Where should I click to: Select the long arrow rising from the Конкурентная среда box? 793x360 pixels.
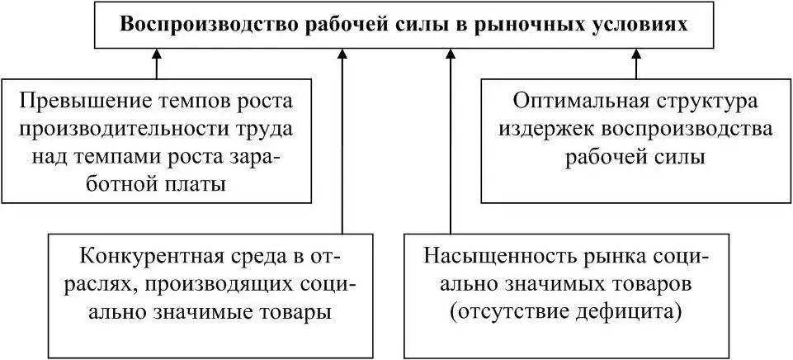(x=342, y=140)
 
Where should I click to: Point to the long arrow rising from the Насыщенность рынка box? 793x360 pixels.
(x=451, y=140)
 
